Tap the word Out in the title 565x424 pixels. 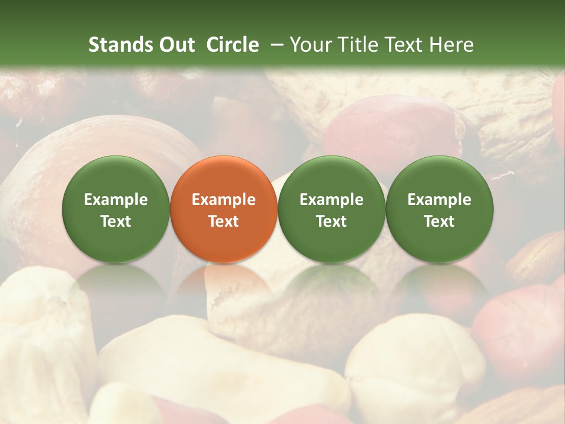[176, 45]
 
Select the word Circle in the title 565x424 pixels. [232, 45]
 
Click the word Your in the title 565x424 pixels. [310, 45]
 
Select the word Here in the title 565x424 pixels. [451, 45]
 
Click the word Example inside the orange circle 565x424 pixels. [224, 200]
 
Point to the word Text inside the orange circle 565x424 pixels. [224, 221]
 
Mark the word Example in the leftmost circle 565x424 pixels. [116, 200]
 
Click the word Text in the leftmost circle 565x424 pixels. [116, 221]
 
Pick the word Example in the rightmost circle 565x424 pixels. [439, 200]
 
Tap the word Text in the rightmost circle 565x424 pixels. [439, 221]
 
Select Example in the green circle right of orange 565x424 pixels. [331, 200]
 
